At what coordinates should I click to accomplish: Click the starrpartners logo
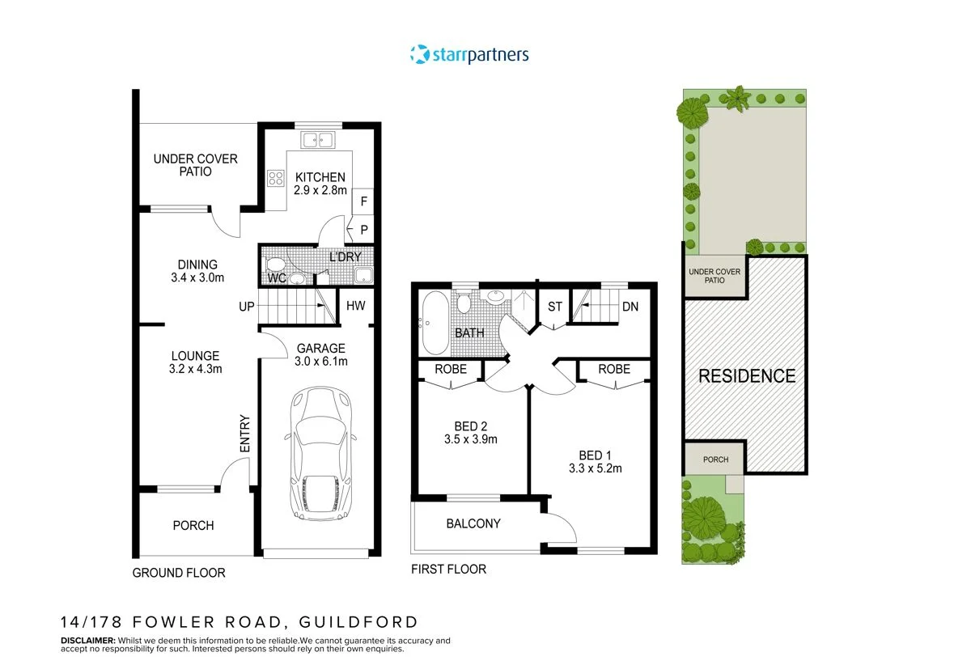click(469, 54)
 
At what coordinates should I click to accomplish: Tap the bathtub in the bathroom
click(433, 323)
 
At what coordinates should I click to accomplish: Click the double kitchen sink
click(320, 141)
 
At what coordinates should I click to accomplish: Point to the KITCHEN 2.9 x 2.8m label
click(320, 184)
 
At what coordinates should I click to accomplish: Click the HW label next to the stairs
click(356, 306)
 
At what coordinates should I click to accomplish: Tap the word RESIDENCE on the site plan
click(746, 376)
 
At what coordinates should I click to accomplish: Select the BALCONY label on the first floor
click(473, 523)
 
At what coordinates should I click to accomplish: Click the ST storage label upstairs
click(554, 307)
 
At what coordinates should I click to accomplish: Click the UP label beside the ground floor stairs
click(247, 307)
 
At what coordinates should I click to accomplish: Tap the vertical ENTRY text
click(245, 434)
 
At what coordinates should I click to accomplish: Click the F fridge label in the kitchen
click(363, 201)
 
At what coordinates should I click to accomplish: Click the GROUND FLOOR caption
click(178, 572)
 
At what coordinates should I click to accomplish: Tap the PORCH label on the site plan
click(714, 460)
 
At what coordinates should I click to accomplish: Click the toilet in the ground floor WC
click(275, 265)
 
